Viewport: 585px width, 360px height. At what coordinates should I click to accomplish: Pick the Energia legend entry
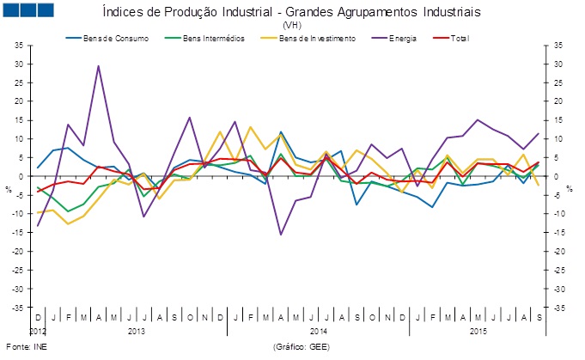pyautogui.click(x=404, y=39)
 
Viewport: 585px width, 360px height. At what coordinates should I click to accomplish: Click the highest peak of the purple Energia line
pyautogui.click(x=98, y=66)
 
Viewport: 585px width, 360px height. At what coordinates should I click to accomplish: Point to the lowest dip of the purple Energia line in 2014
pyautogui.click(x=280, y=234)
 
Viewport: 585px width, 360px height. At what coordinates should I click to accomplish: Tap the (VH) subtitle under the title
pyautogui.click(x=292, y=26)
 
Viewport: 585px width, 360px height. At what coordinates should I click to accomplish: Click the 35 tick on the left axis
pyautogui.click(x=20, y=46)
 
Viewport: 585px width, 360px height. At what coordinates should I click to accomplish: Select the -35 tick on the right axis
pyautogui.click(x=558, y=308)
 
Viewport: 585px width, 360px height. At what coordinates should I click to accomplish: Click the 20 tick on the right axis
pyautogui.click(x=558, y=101)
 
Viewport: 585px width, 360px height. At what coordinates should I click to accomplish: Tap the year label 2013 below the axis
pyautogui.click(x=136, y=331)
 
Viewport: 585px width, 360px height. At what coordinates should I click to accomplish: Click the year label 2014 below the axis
pyautogui.click(x=318, y=331)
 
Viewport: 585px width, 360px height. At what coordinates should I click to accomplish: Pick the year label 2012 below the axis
pyautogui.click(x=39, y=331)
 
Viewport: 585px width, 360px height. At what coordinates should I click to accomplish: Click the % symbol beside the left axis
pyautogui.click(x=9, y=188)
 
